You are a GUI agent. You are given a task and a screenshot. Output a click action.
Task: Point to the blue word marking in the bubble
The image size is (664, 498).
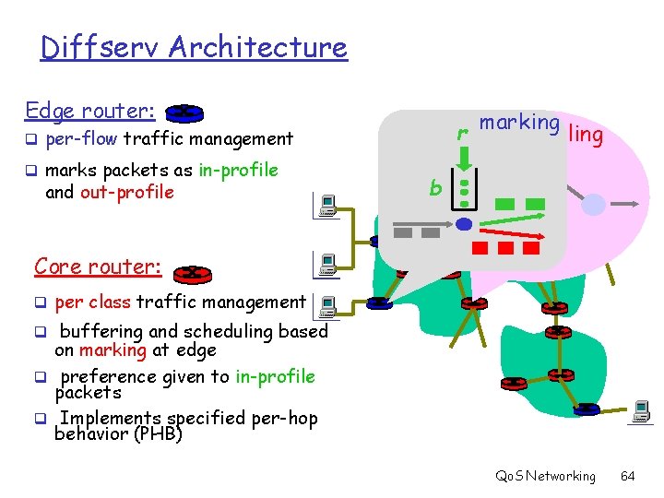[519, 124]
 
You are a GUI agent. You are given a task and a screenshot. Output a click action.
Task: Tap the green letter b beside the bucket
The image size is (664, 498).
[435, 188]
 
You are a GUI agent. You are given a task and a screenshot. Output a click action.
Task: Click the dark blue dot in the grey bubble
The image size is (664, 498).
[465, 223]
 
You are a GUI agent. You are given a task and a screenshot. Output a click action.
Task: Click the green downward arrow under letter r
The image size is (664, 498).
[465, 157]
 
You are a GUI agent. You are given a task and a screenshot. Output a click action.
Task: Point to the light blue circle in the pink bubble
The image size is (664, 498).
[595, 205]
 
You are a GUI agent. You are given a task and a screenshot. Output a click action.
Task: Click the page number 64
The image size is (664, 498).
[627, 476]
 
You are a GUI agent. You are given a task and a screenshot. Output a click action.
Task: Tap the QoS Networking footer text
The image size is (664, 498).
[545, 476]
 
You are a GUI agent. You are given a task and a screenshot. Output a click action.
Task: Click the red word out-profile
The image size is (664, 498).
[127, 192]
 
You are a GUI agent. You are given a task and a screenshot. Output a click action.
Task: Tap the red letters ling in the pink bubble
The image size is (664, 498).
[587, 135]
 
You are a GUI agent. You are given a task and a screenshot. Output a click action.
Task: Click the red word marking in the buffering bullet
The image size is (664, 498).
[113, 350]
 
